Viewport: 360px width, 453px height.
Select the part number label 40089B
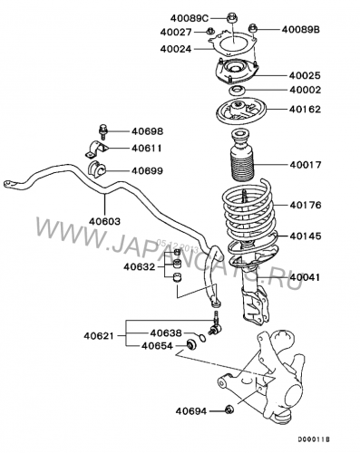pyautogui.click(x=302, y=30)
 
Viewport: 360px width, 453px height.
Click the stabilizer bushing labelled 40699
pyautogui.click(x=98, y=169)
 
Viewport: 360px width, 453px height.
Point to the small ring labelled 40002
pyautogui.click(x=237, y=92)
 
